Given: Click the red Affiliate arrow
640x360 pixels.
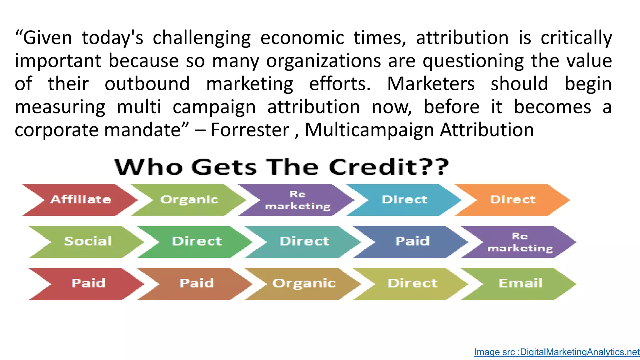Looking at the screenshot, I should coord(81,200).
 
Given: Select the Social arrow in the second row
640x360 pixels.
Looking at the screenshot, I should coord(88,242).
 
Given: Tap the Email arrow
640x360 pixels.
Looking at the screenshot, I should coord(520,283).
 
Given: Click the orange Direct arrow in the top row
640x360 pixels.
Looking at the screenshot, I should coord(512,200).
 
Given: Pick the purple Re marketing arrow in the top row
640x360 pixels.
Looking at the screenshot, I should coord(297,200).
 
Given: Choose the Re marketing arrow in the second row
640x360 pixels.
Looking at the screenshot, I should coord(520,242).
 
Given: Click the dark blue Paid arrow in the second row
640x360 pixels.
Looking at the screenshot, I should coord(412,242).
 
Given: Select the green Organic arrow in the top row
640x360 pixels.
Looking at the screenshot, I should coord(189,200).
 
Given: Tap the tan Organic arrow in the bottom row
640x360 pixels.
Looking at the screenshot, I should coord(304,283).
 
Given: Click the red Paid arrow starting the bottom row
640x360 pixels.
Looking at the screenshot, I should coord(88,283).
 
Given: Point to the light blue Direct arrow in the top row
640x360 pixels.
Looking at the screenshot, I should coord(404,200).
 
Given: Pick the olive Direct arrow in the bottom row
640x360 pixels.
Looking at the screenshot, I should coord(412,283).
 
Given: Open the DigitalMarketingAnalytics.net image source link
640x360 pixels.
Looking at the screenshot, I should coord(557,352).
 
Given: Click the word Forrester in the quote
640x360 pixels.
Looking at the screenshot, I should coord(250,130).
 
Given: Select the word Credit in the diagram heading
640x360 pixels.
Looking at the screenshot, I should coord(373,167).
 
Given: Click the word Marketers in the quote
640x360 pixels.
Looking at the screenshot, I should coord(431,84).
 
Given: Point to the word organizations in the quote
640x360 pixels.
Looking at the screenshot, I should coord(323,61).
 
